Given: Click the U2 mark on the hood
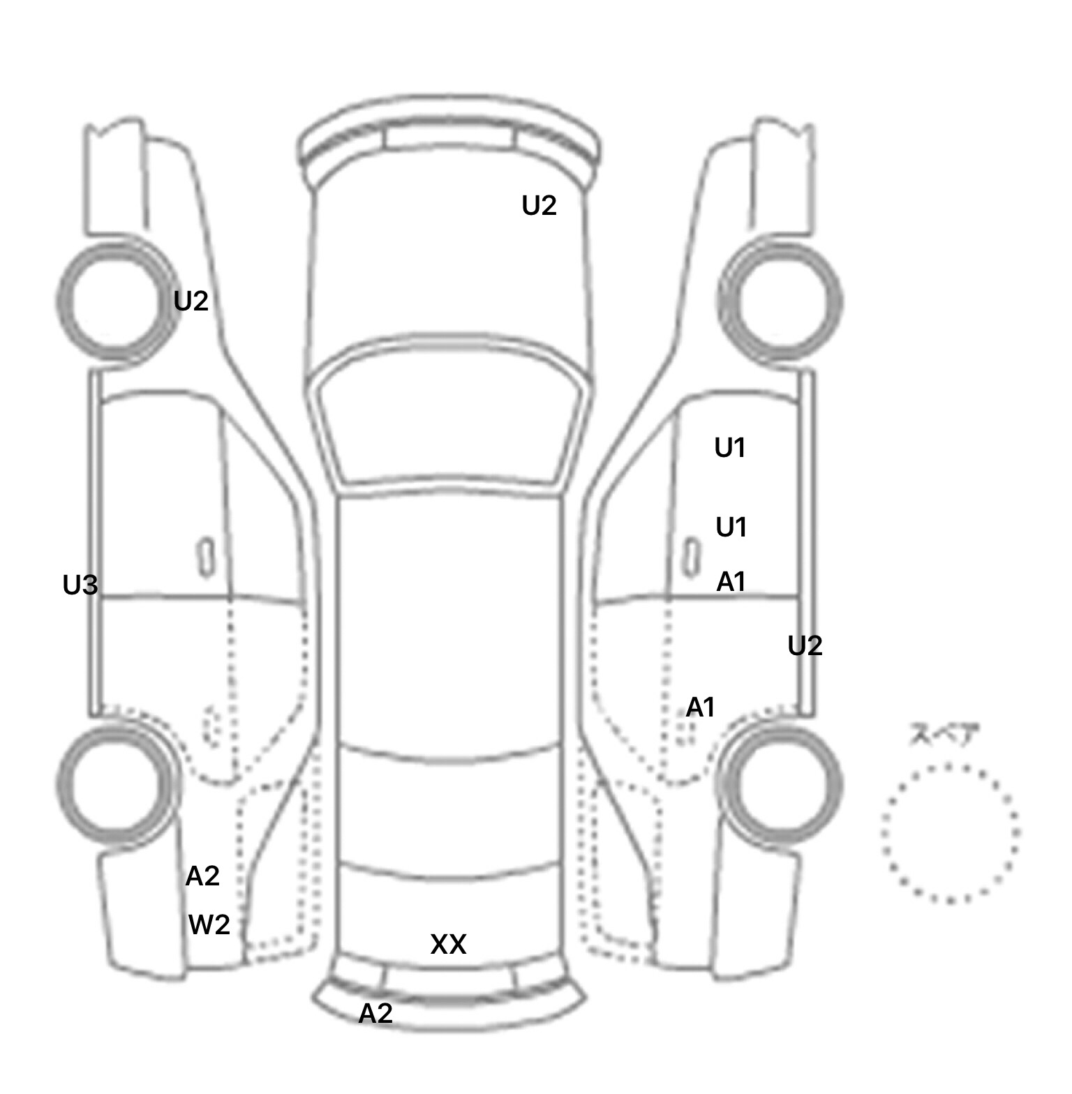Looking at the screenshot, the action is (539, 206).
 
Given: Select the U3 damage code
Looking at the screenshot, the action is (80, 585).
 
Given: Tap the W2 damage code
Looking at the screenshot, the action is (209, 925).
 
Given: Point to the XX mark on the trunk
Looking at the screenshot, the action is (448, 945).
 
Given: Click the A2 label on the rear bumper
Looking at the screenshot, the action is (375, 1013).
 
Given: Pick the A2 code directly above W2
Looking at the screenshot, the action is (202, 876).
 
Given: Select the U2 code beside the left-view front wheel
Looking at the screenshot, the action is (191, 301).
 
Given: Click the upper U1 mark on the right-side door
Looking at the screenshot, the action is (730, 448).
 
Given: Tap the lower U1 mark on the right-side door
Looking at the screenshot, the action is (731, 527).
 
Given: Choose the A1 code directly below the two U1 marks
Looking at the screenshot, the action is (731, 582).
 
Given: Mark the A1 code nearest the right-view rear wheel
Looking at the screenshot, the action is (701, 707).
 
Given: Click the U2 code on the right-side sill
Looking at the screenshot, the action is (805, 646).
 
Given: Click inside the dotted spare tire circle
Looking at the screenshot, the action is (950, 833).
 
